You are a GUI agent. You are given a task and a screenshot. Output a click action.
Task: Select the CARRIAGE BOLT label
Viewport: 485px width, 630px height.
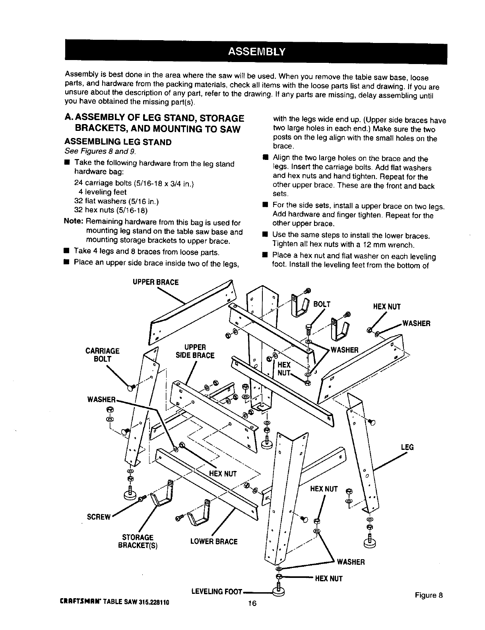(103, 354)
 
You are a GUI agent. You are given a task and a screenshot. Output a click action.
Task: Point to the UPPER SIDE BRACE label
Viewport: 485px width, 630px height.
(195, 351)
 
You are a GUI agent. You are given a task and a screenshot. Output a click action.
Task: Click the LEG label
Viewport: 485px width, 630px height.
(407, 447)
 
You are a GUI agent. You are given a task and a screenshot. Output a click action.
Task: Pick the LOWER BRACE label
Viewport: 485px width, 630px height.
(213, 541)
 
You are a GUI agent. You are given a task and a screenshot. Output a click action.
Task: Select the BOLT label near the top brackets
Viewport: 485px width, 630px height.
(322, 305)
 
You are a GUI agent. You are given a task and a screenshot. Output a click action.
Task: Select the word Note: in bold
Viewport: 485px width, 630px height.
(73, 222)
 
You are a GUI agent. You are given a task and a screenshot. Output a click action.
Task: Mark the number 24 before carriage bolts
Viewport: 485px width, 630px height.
(78, 183)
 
